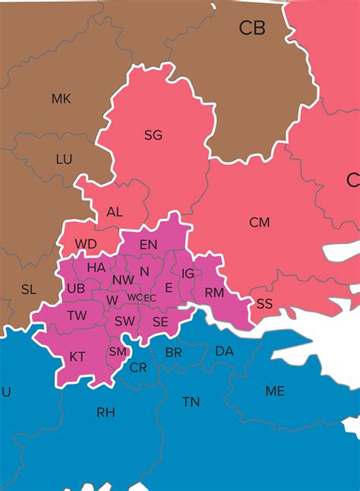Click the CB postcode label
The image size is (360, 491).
click(252, 28)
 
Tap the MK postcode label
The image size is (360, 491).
click(61, 99)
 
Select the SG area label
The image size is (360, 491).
click(153, 135)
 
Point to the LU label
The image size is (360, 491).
click(64, 160)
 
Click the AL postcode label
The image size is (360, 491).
click(115, 212)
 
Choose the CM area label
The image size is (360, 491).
click(260, 223)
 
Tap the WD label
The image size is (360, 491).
click(86, 244)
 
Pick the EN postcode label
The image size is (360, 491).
click(148, 244)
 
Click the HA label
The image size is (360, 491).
click(96, 268)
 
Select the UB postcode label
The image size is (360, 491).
click(76, 289)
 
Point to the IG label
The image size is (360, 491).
click(188, 274)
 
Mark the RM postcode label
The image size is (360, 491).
click(213, 293)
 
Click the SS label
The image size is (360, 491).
click(264, 303)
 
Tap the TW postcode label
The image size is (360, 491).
click(77, 315)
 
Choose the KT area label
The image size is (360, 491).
click(77, 356)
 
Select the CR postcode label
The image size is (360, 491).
click(138, 367)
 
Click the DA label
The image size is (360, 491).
click(224, 351)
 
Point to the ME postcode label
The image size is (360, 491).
click(275, 391)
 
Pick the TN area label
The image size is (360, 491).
click(191, 401)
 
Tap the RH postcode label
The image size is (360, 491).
click(106, 413)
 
